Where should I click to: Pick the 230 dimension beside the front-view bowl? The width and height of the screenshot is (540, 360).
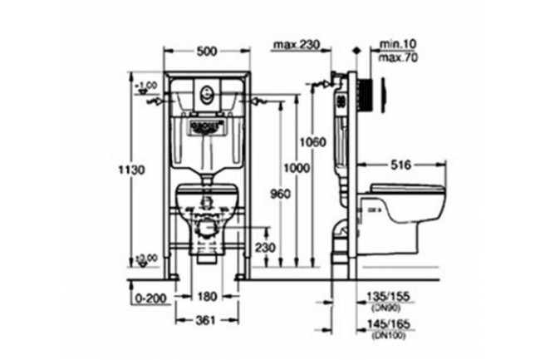[x=263, y=247]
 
